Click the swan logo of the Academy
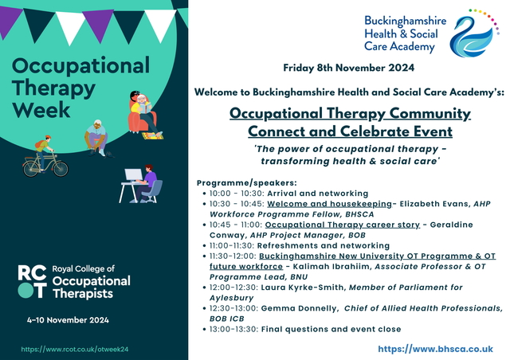click(473, 34)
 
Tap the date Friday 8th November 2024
click(349, 68)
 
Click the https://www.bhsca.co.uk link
click(436, 349)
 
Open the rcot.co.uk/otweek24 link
click(75, 350)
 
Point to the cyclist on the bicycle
click(45, 156)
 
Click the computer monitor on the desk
click(133, 175)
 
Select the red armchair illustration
click(143, 120)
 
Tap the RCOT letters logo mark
click(32, 282)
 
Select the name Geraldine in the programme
click(452, 225)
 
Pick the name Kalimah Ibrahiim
click(331, 267)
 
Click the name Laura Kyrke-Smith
click(302, 288)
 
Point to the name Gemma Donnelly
click(299, 308)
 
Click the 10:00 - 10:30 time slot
click(237, 194)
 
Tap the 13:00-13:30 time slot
click(233, 329)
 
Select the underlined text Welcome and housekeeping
click(329, 204)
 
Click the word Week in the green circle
click(41, 110)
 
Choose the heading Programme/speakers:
click(247, 182)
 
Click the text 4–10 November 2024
click(68, 320)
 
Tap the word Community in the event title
click(430, 114)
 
